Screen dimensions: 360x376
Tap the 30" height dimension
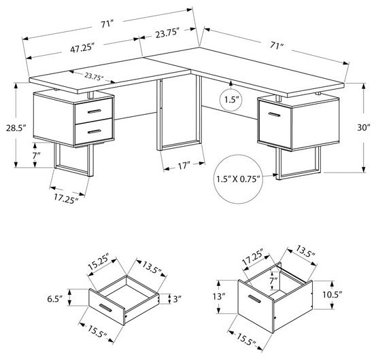coord(364,128)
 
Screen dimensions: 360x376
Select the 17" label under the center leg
coord(182,164)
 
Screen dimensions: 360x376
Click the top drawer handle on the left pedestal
coord(93,111)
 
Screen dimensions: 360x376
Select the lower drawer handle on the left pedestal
coord(93,127)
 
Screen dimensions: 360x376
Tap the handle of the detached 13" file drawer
coord(256,300)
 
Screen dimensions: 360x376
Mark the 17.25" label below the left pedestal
coord(65,198)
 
